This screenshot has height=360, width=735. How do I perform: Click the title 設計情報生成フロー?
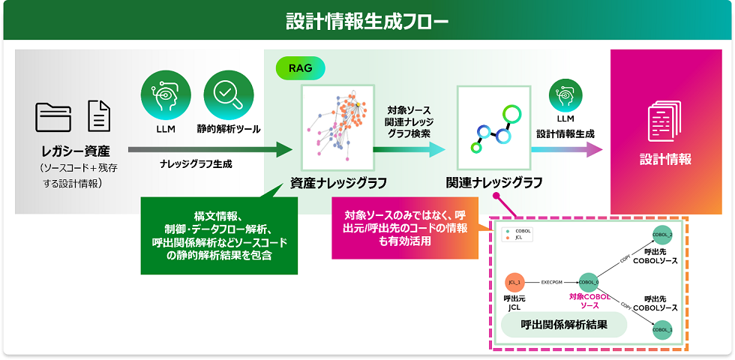pos(367,20)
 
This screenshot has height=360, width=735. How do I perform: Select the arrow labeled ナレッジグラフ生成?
pos(210,150)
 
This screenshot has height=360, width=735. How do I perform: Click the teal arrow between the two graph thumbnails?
pos(409,150)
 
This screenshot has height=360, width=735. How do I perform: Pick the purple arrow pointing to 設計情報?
pos(566,150)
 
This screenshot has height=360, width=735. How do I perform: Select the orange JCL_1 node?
pos(514,282)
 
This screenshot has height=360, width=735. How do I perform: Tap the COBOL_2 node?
pos(662,234)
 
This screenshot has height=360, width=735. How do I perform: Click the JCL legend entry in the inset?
pos(518,238)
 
